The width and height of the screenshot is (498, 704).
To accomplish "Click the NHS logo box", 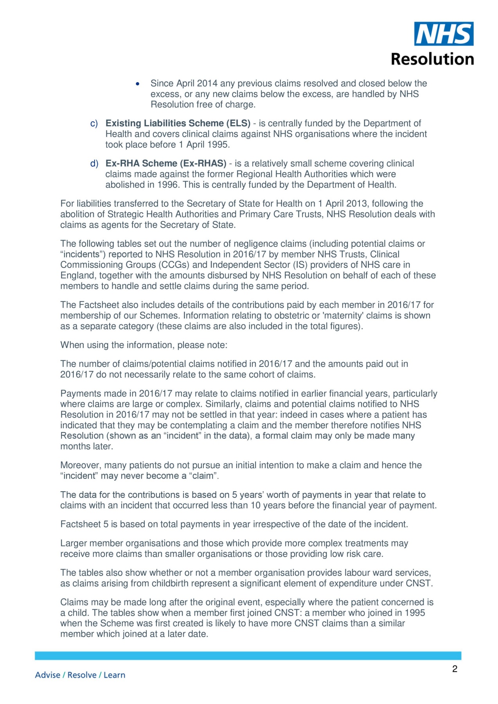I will click(444, 34).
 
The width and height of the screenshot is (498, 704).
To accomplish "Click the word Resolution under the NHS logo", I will click(432, 59).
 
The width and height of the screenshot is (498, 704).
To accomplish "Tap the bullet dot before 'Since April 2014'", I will click(137, 84).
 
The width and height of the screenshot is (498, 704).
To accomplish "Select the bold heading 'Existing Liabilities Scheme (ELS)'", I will click(178, 123).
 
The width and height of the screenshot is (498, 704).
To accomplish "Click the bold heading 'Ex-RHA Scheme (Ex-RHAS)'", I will click(166, 163).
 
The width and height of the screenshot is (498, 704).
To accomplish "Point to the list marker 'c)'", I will click(94, 124).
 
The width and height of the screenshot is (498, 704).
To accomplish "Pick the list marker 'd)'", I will click(94, 164).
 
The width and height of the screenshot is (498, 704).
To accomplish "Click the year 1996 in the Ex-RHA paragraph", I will click(168, 185).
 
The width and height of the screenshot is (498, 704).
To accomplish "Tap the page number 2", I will click(455, 669).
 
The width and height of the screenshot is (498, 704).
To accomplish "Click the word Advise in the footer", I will click(48, 675).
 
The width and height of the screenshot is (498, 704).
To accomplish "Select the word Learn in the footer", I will click(114, 675).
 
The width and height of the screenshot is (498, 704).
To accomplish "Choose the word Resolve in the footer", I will click(81, 675).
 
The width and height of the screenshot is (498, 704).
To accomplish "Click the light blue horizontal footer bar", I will click(248, 656).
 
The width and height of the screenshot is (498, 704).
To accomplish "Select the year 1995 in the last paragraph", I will click(415, 613).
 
